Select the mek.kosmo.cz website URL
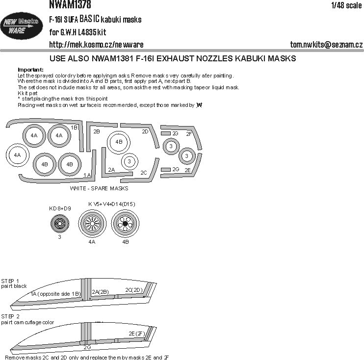(96, 45)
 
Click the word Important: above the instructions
(30, 69)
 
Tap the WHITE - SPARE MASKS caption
(100, 188)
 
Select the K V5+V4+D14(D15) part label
(112, 204)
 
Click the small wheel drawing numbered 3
(59, 225)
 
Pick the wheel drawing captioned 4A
(92, 225)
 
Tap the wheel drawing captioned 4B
(125, 224)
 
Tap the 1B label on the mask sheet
(74, 128)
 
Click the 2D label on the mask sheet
(145, 131)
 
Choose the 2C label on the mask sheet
(143, 172)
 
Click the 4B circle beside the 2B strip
(119, 142)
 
